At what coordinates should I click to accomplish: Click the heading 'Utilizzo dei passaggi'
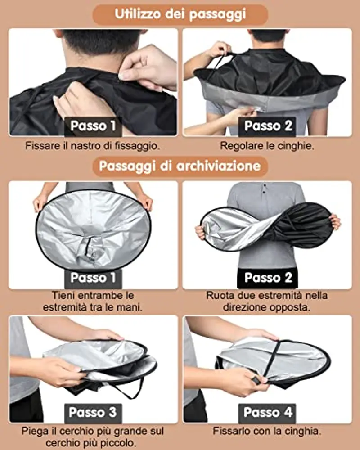[180, 14]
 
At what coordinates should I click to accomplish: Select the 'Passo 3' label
[93, 412]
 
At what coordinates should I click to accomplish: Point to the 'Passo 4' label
[268, 412]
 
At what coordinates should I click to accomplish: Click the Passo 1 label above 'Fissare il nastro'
[93, 126]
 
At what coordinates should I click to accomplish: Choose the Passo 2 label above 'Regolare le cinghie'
[268, 126]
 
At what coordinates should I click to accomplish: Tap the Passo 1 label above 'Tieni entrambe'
[93, 277]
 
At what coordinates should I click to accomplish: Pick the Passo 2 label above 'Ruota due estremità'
[268, 277]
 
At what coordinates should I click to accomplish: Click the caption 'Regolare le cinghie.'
[267, 146]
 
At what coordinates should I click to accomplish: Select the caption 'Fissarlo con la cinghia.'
[267, 431]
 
